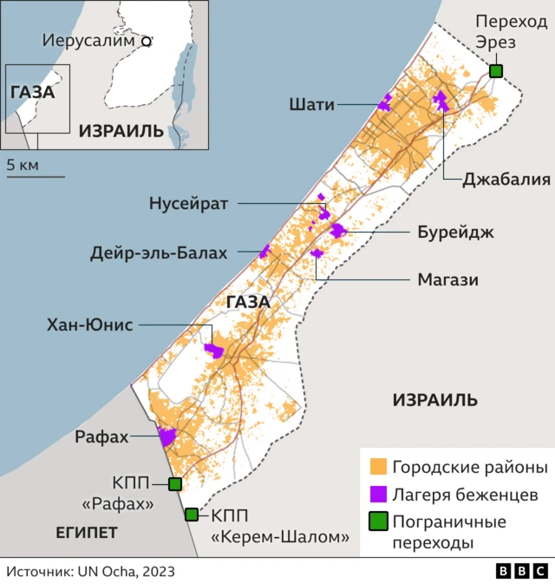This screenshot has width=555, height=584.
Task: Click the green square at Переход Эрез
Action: (x=495, y=71)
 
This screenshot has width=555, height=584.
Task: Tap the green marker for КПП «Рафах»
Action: (x=174, y=484)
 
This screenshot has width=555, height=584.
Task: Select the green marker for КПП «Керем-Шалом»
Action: (x=192, y=515)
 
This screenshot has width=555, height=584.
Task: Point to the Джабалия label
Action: (x=494, y=180)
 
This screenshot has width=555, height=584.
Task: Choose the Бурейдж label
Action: (x=443, y=232)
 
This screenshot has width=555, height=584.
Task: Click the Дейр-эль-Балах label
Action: (x=159, y=253)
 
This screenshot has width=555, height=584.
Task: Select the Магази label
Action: (x=447, y=279)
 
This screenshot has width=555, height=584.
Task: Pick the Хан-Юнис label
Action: (x=90, y=325)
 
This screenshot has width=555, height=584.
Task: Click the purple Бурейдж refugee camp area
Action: (x=337, y=231)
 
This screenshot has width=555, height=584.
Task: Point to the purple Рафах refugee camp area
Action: (x=166, y=436)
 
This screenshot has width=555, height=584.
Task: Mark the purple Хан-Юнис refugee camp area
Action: (x=213, y=351)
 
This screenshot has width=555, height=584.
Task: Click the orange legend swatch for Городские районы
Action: (x=377, y=467)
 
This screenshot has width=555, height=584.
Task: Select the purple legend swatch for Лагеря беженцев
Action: (x=377, y=494)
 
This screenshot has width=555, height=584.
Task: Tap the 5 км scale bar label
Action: (x=23, y=164)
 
